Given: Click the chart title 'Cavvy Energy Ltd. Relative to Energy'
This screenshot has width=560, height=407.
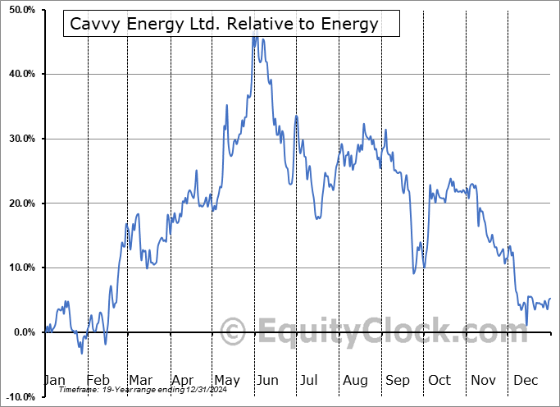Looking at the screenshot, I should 224,24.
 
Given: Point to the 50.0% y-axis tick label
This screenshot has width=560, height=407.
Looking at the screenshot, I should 21,9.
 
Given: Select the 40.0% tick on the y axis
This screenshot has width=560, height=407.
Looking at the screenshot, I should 21,74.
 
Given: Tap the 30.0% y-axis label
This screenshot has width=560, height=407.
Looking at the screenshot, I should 21,139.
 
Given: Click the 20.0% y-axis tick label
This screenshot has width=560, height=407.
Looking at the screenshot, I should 21,203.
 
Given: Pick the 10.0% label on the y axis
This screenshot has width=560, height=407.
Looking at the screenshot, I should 21,268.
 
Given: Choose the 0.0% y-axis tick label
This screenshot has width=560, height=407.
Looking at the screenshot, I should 24,332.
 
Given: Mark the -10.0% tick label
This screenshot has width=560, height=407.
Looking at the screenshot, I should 20,397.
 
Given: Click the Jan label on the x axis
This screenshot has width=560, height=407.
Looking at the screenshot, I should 53,380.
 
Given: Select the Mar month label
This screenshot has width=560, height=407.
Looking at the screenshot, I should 140,380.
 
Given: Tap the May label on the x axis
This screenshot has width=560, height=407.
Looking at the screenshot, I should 226,380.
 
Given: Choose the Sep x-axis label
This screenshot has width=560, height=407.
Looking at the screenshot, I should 398,380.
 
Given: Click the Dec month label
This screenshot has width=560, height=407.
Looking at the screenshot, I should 526,380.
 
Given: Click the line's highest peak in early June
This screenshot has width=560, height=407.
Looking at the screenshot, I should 254,35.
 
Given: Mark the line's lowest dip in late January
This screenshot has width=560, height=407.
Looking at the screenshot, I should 81,353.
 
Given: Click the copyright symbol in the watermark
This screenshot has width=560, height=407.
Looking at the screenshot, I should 233,332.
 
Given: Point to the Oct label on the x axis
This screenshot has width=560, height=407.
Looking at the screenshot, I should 440,380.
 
